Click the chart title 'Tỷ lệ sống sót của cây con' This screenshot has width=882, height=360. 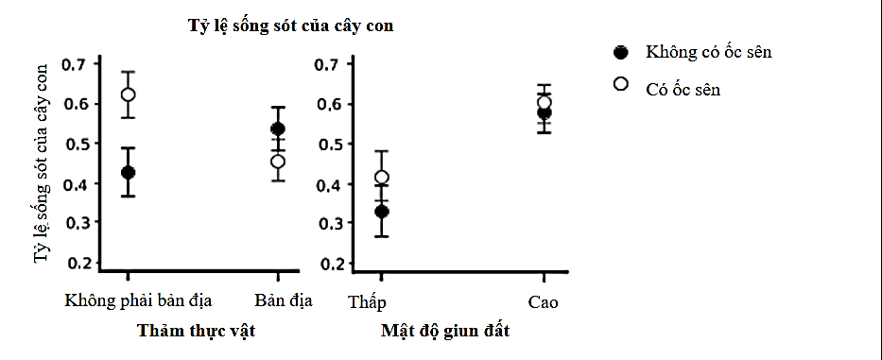(x=289, y=26)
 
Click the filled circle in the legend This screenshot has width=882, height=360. (x=621, y=52)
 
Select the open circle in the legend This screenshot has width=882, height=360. (x=621, y=84)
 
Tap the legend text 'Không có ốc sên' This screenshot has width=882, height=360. (x=708, y=52)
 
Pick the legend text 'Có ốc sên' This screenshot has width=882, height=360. (x=683, y=89)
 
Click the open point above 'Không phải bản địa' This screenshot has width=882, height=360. (x=128, y=94)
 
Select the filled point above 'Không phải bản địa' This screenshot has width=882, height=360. (x=128, y=173)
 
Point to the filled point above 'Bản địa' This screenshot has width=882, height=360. (x=278, y=129)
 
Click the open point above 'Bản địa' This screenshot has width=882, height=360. (x=278, y=161)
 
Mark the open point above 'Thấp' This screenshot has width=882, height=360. (x=381, y=177)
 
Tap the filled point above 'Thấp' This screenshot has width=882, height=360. (x=381, y=212)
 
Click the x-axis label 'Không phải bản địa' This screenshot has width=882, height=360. (x=138, y=301)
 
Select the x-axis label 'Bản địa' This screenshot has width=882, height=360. (x=284, y=301)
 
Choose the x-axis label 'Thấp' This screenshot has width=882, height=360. (x=368, y=302)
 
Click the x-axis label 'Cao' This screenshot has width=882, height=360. (x=544, y=302)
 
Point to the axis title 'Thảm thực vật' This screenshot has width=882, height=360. (x=196, y=331)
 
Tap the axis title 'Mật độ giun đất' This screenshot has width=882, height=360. (x=445, y=331)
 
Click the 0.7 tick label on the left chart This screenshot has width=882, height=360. (x=74, y=64)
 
